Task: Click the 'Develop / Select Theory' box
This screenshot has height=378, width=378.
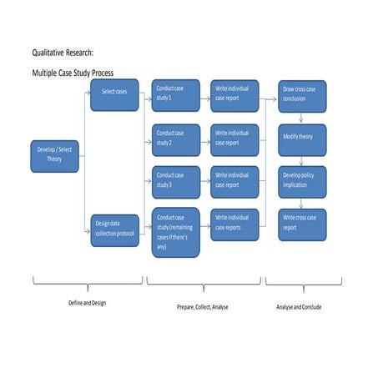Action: [x=55, y=155]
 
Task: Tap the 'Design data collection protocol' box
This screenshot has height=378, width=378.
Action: [x=114, y=229]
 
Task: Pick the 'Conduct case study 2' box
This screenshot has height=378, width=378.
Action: [x=175, y=138]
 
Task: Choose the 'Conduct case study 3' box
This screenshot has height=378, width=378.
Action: [x=175, y=180]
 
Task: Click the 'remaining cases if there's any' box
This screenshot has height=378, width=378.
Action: [x=175, y=231]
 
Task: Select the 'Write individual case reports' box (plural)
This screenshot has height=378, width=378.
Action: [x=234, y=224]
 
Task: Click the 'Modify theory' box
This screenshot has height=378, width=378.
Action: [x=301, y=138]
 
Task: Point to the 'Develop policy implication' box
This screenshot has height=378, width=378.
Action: [x=301, y=180]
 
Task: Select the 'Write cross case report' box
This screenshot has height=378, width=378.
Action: [x=301, y=224]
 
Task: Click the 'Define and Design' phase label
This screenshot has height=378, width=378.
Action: [x=87, y=303]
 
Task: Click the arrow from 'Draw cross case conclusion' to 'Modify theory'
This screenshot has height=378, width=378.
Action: [x=300, y=118]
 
